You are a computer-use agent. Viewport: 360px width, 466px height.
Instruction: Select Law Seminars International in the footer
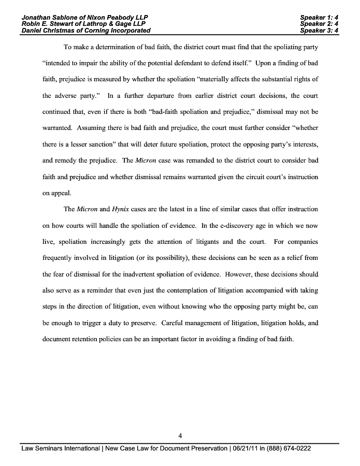[x=60, y=448]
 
